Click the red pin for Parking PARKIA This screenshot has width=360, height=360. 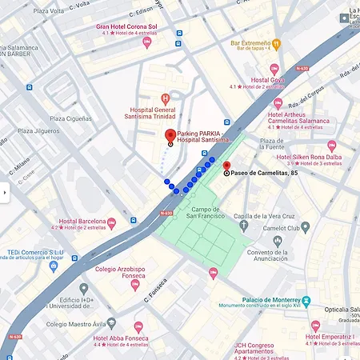pos(170,136)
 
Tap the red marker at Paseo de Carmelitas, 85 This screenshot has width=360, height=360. pos(226,166)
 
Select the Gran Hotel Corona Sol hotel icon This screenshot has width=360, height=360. pos(146,42)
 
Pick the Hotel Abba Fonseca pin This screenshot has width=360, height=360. pos(138,327)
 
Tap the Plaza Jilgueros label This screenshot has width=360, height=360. pos(38,130)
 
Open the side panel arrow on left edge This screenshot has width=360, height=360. pos(4,192)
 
